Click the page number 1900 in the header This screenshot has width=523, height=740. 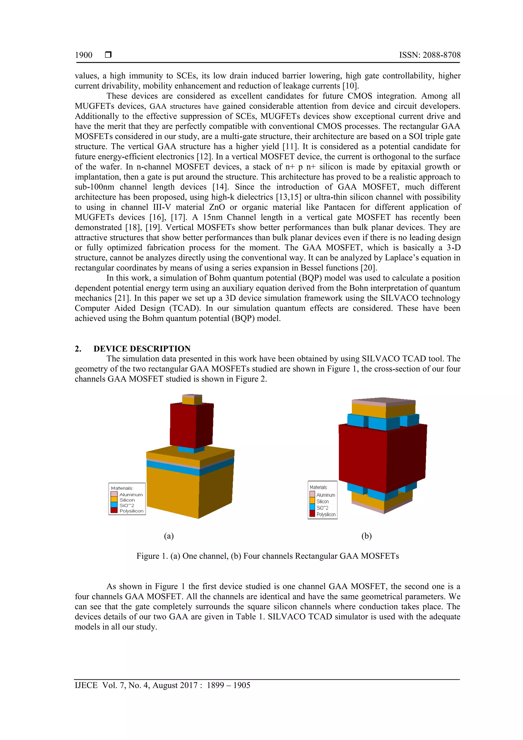84,55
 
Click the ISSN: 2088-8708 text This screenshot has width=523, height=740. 430,55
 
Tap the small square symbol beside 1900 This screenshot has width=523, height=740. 108,55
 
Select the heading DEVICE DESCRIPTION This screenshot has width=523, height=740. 142,349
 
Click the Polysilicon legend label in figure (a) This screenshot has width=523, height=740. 131,511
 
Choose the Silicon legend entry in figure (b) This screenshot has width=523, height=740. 322,501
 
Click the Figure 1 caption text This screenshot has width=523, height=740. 267,556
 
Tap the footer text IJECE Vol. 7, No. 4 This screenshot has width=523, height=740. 162,685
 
